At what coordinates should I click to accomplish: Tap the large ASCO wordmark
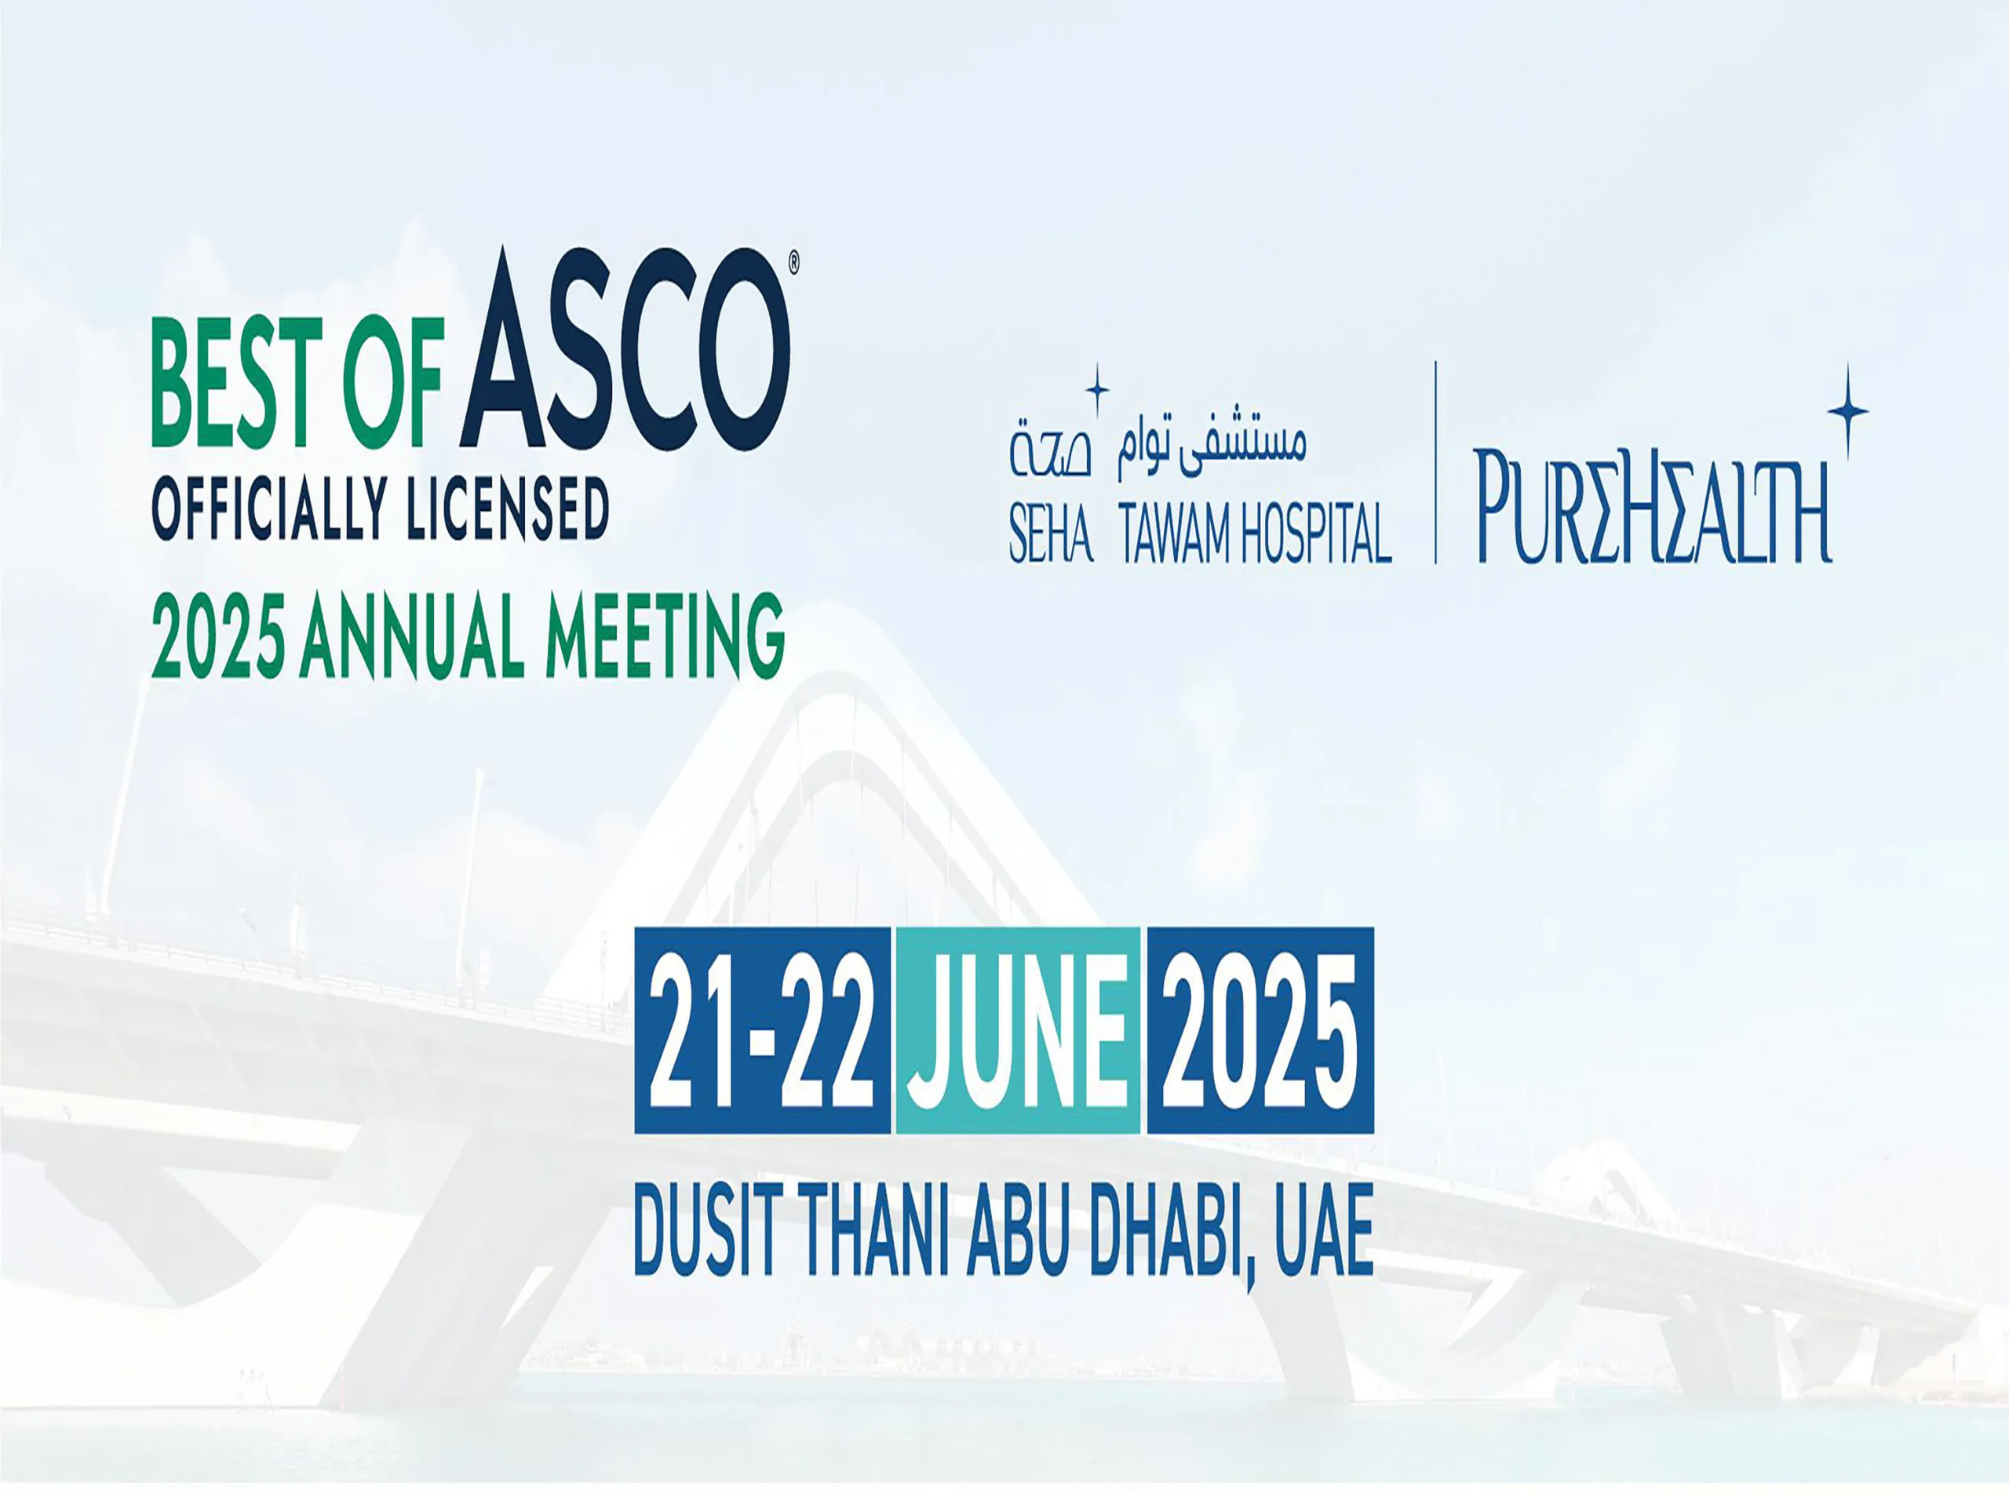tap(625, 351)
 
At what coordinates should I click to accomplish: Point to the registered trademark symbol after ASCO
tap(794, 263)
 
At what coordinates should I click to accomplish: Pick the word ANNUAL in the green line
tap(412, 636)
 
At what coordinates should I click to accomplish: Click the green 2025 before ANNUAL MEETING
tap(218, 636)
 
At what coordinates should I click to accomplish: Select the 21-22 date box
tap(762, 1030)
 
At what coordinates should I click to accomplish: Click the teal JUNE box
tap(1018, 1030)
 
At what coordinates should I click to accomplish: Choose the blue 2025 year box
tap(1260, 1030)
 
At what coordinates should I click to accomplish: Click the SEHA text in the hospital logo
tap(1051, 534)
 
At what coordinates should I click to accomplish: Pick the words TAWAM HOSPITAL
tap(1255, 534)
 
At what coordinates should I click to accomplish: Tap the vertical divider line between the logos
tap(1435, 462)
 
